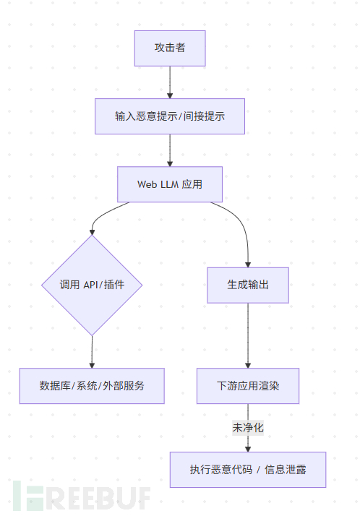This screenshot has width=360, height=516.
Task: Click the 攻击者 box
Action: pyautogui.click(x=170, y=48)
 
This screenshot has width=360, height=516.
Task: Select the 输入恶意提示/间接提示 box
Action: pyautogui.click(x=170, y=116)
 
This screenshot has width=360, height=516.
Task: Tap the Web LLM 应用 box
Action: pyautogui.click(x=170, y=184)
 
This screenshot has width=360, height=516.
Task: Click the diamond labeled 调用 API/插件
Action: pyautogui.click(x=92, y=285)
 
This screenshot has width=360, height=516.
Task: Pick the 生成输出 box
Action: pyautogui.click(x=248, y=285)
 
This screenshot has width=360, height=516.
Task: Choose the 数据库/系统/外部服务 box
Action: pyautogui.click(x=92, y=386)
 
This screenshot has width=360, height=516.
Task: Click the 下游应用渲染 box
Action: pyautogui.click(x=248, y=386)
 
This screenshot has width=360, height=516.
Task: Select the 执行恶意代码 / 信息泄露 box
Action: pyautogui.click(x=248, y=470)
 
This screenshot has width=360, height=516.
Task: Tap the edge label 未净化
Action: pyautogui.click(x=248, y=428)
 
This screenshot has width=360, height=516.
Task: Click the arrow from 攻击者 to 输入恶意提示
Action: pyautogui.click(x=170, y=82)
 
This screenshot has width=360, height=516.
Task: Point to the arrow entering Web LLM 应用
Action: pyautogui.click(x=170, y=150)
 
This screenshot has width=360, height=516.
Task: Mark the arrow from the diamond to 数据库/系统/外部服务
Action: pyautogui.click(x=92, y=352)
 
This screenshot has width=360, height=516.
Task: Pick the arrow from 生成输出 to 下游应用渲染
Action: pyautogui.click(x=248, y=335)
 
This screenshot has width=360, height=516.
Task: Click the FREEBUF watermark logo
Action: pyautogui.click(x=82, y=497)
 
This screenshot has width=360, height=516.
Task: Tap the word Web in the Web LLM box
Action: pyautogui.click(x=147, y=184)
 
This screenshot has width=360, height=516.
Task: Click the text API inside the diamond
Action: pyautogui.click(x=91, y=285)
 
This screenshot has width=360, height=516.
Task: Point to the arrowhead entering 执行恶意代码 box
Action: pyautogui.click(x=248, y=450)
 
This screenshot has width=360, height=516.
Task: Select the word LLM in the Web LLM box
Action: pyautogui.click(x=169, y=184)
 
